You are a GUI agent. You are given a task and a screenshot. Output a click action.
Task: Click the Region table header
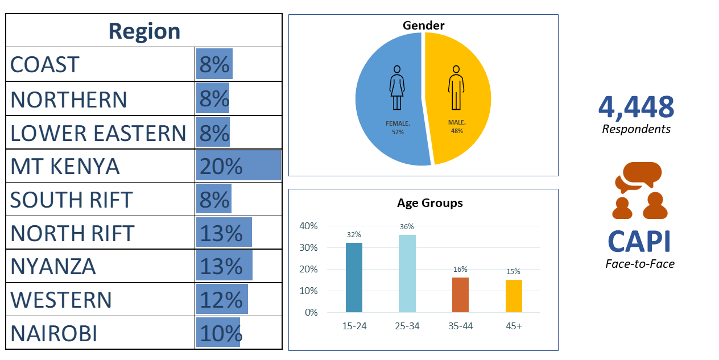(x=144, y=31)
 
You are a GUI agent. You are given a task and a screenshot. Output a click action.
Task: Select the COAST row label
(x=45, y=65)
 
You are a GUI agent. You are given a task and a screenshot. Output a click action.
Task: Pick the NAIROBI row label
(x=53, y=333)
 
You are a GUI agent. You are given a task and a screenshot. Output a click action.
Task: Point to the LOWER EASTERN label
(x=98, y=133)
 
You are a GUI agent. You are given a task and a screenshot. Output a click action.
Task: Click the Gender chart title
(x=423, y=25)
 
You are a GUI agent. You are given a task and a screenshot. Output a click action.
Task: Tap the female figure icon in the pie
(x=397, y=88)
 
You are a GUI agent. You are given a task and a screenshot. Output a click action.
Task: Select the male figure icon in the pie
(x=455, y=88)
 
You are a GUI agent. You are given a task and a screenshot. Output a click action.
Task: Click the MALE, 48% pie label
(x=457, y=126)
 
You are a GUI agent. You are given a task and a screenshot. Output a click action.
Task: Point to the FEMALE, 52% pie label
(x=398, y=127)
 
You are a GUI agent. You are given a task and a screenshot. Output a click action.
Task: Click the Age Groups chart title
(x=429, y=203)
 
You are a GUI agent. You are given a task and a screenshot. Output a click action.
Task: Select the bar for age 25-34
(x=407, y=274)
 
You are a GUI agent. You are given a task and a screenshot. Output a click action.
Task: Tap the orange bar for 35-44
(x=460, y=295)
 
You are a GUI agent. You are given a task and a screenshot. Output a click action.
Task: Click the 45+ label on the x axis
(x=514, y=326)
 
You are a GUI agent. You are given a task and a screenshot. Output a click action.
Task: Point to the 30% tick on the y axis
(x=309, y=248)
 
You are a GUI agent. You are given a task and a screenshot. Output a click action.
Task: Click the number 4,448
(x=636, y=106)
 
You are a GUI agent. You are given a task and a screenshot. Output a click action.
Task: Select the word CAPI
(x=639, y=242)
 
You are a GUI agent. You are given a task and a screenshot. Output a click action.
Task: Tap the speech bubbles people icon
(x=639, y=191)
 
